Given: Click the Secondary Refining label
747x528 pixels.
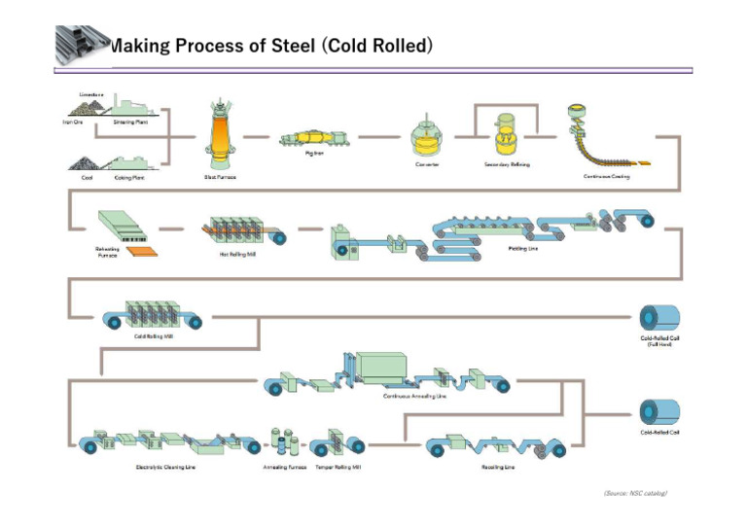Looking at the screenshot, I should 507,164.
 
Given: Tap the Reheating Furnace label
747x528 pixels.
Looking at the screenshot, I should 107,252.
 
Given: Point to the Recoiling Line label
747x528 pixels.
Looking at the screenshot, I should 497,466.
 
